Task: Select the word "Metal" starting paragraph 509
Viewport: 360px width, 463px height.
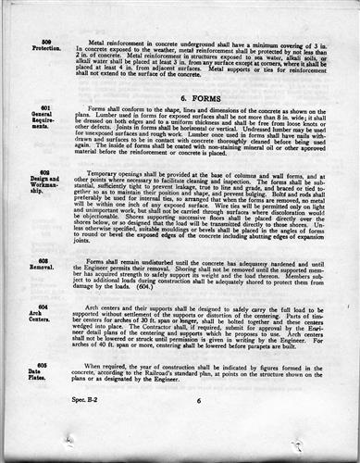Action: tap(97, 42)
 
